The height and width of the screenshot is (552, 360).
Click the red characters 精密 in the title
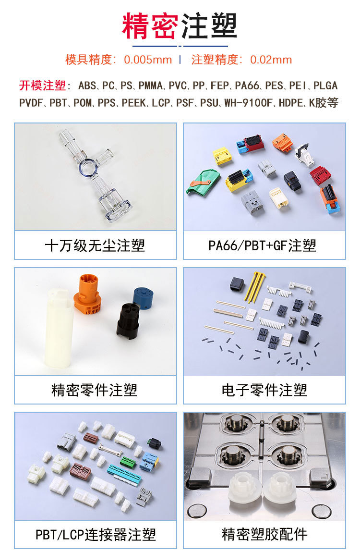pyautogui.click(x=150, y=25)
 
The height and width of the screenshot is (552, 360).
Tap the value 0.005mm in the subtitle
pyautogui.click(x=148, y=60)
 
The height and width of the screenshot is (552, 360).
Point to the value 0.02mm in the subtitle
pyautogui.click(x=271, y=60)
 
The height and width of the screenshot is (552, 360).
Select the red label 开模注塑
pyautogui.click(x=43, y=85)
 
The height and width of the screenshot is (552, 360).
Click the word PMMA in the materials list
pyautogui.click(x=151, y=85)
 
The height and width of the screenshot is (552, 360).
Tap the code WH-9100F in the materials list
pyautogui.click(x=249, y=103)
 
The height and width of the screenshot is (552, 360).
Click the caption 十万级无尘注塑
pyautogui.click(x=95, y=245)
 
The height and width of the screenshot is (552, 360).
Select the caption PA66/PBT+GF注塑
pyautogui.click(x=262, y=245)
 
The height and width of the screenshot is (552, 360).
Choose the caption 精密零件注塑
pyautogui.click(x=94, y=390)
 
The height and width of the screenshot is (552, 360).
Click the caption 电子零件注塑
pyautogui.click(x=264, y=390)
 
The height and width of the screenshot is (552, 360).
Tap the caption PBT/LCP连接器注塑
pyautogui.click(x=96, y=534)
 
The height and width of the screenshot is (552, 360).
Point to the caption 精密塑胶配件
pyautogui.click(x=264, y=534)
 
